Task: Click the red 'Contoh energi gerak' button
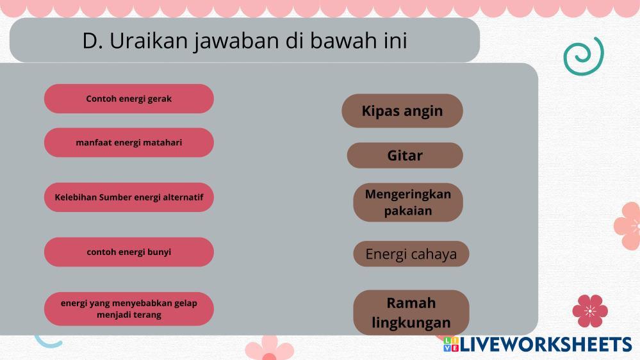tap(129, 99)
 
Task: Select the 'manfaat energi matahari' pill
tap(129, 142)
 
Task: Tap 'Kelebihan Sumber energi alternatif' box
tap(129, 197)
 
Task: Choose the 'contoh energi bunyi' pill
tap(129, 252)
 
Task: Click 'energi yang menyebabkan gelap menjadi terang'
tap(129, 309)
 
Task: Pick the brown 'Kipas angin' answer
tap(402, 111)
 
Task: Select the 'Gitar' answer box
tap(405, 155)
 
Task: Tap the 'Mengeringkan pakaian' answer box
tap(408, 202)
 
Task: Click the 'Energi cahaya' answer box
tap(411, 254)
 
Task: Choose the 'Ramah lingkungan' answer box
tap(411, 313)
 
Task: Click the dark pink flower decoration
tap(590, 311)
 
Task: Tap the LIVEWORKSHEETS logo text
tap(546, 345)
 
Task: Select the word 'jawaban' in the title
tap(237, 41)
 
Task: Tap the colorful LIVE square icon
tap(451, 344)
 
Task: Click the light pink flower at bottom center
tap(269, 348)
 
